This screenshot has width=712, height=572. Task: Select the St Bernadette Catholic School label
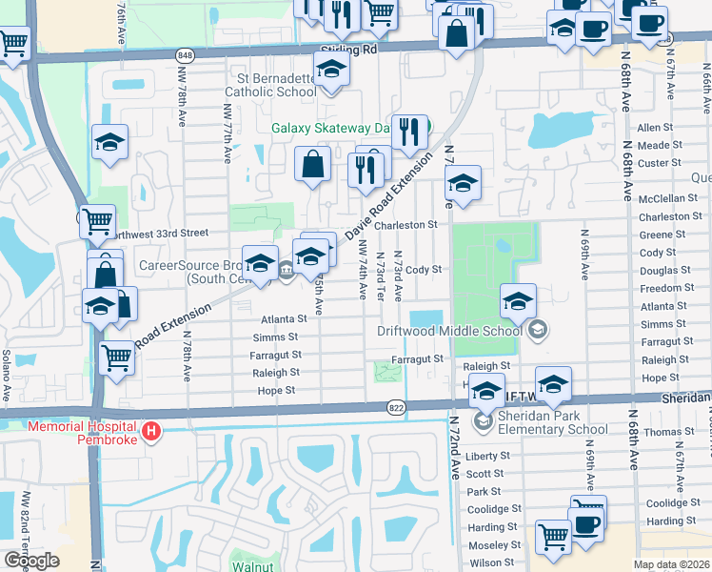click(271, 85)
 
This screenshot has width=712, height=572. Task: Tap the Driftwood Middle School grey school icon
click(539, 330)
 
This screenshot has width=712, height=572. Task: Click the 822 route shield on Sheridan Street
click(397, 408)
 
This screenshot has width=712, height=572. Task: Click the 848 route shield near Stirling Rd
click(187, 55)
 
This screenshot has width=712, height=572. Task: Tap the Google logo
click(31, 561)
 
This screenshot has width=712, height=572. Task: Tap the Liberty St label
click(488, 456)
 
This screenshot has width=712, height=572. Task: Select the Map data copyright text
click(671, 565)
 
